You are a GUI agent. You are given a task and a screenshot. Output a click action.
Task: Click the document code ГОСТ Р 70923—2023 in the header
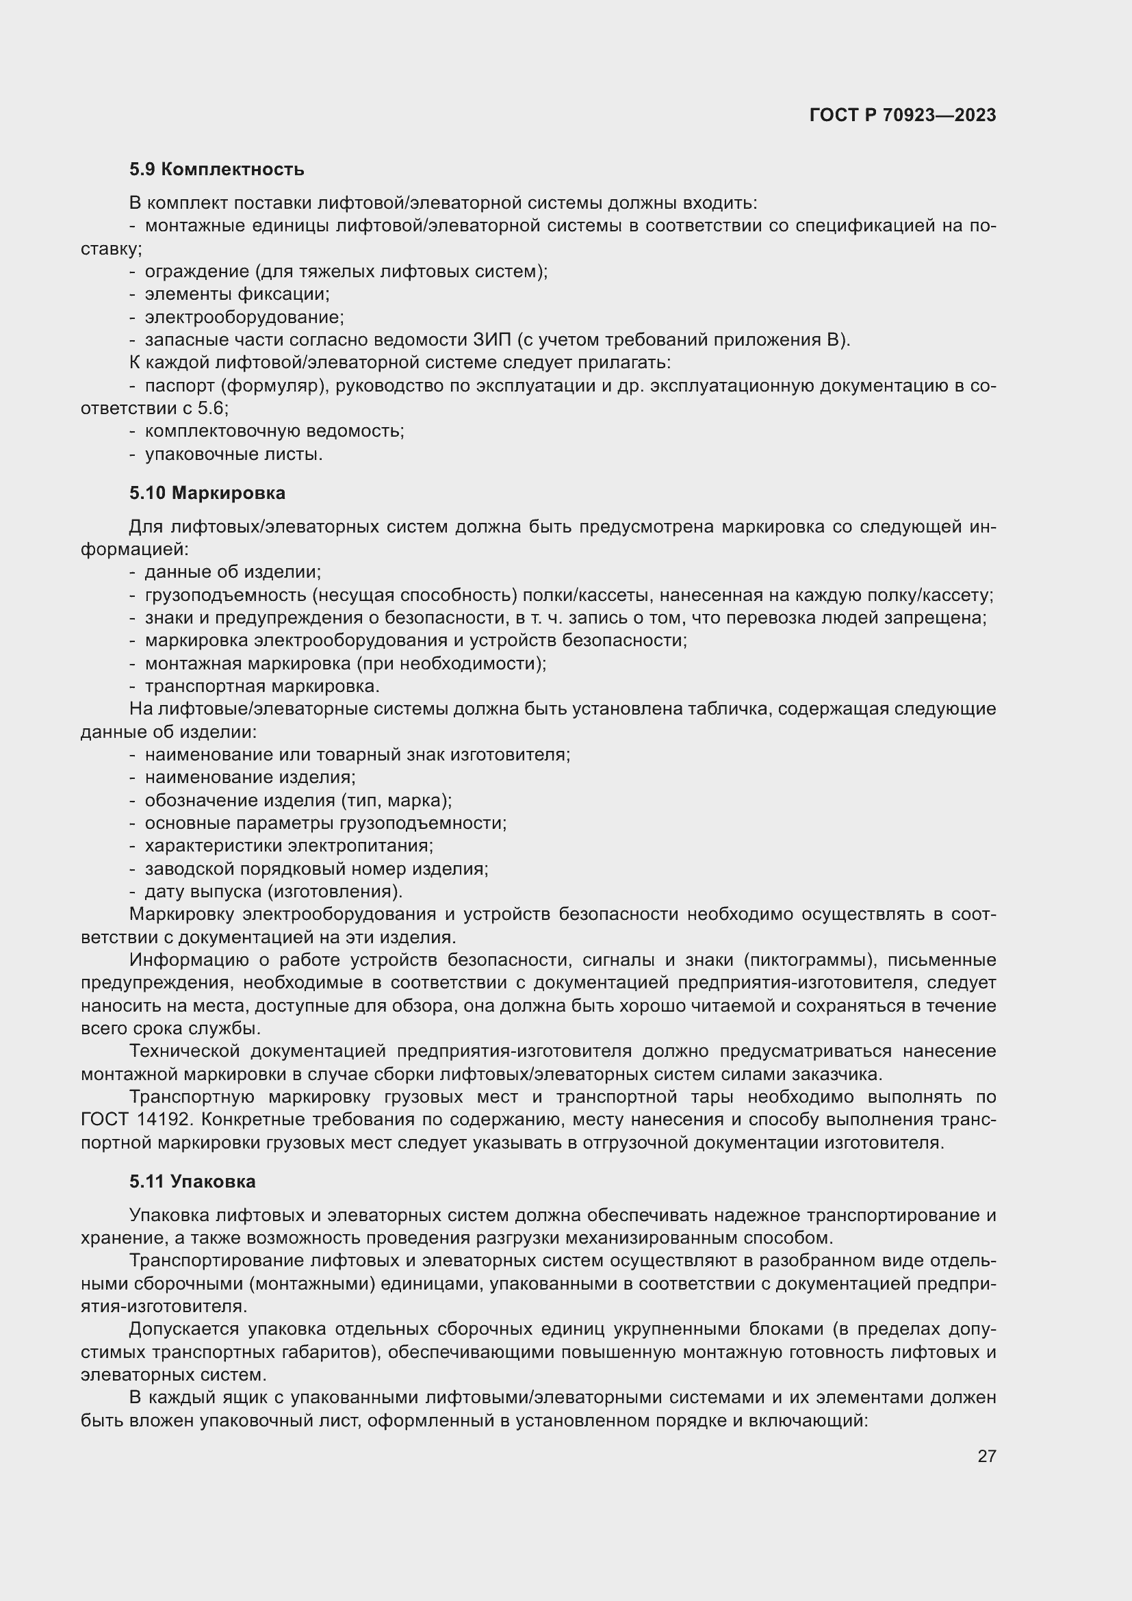click(903, 115)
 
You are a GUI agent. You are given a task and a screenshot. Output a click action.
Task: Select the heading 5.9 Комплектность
click(217, 170)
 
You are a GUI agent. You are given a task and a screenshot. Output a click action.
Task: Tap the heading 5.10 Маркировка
click(207, 493)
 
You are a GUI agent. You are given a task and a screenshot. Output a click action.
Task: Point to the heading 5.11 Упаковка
click(192, 1181)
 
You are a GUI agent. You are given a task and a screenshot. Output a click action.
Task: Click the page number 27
click(986, 1456)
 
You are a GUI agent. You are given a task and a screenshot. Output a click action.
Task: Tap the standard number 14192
click(160, 1120)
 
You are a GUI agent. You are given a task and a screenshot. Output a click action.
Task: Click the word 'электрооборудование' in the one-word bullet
click(244, 318)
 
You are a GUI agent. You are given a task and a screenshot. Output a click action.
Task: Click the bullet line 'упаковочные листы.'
click(233, 454)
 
